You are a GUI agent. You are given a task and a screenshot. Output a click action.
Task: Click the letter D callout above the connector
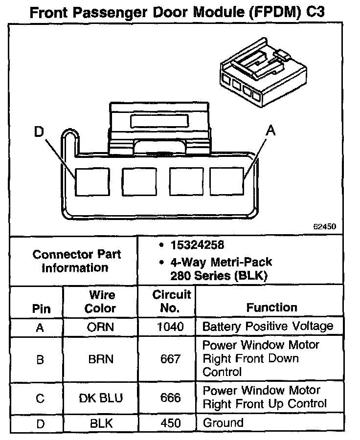pyautogui.click(x=39, y=132)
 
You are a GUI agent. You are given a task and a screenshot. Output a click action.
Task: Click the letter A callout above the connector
pyautogui.click(x=270, y=131)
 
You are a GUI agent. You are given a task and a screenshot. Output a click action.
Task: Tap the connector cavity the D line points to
pyautogui.click(x=91, y=182)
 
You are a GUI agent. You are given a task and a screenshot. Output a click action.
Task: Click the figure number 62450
pyautogui.click(x=324, y=227)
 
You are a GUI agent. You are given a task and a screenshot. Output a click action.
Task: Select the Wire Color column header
pyautogui.click(x=102, y=302)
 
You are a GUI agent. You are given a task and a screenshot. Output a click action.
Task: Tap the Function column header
pyautogui.click(x=271, y=308)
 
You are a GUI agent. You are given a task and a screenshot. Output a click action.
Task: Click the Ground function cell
pyautogui.click(x=223, y=423)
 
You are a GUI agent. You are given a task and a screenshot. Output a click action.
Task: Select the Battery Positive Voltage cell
pyautogui.click(x=268, y=327)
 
